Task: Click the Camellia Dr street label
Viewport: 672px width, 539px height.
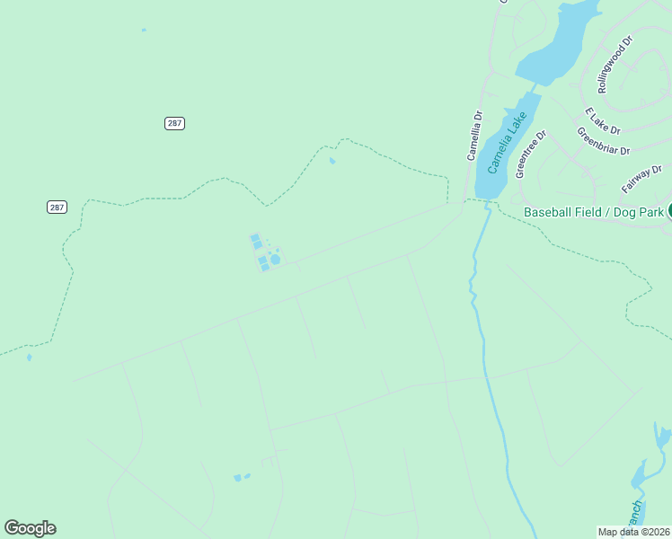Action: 474,136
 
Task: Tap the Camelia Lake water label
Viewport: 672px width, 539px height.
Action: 504,148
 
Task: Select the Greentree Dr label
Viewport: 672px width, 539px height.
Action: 531,155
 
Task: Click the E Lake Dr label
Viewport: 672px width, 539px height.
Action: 602,121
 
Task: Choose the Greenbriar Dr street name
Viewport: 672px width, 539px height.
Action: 604,140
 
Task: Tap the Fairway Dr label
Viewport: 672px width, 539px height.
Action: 641,178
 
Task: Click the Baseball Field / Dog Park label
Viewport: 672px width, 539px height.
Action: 594,213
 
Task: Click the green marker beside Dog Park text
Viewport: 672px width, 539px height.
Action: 669,211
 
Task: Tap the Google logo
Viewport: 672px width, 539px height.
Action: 30,528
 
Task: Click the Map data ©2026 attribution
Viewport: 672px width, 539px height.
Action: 633,532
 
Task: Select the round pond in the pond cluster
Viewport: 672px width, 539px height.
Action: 275,260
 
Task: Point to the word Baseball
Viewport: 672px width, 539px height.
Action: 549,213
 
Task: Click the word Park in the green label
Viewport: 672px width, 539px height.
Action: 652,213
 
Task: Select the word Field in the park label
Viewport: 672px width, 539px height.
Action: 591,213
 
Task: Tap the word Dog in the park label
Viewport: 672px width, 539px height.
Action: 627,213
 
